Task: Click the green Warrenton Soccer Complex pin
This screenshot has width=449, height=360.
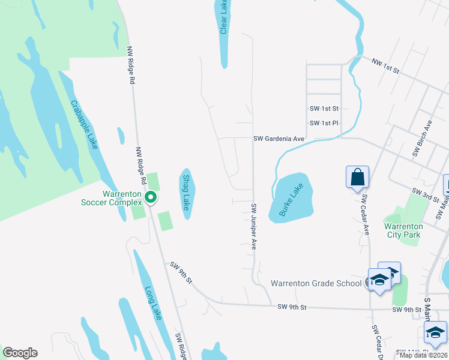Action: (x=151, y=197)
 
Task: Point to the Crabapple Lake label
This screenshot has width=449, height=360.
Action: (x=84, y=124)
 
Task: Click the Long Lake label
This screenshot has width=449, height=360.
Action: (x=152, y=303)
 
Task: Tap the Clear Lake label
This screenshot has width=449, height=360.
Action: (x=223, y=17)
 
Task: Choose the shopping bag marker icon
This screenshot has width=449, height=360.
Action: (x=357, y=178)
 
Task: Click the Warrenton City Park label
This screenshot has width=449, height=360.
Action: (x=403, y=230)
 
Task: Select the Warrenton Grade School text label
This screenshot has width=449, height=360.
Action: (x=316, y=283)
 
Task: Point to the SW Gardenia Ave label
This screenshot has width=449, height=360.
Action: (x=279, y=139)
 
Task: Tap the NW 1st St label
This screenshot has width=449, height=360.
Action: (x=385, y=65)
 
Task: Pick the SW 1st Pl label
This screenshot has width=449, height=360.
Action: (x=324, y=123)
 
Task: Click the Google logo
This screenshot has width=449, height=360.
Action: (x=20, y=353)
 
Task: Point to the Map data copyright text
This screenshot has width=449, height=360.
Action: (x=424, y=355)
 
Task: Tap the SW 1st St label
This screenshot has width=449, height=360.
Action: (x=324, y=109)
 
